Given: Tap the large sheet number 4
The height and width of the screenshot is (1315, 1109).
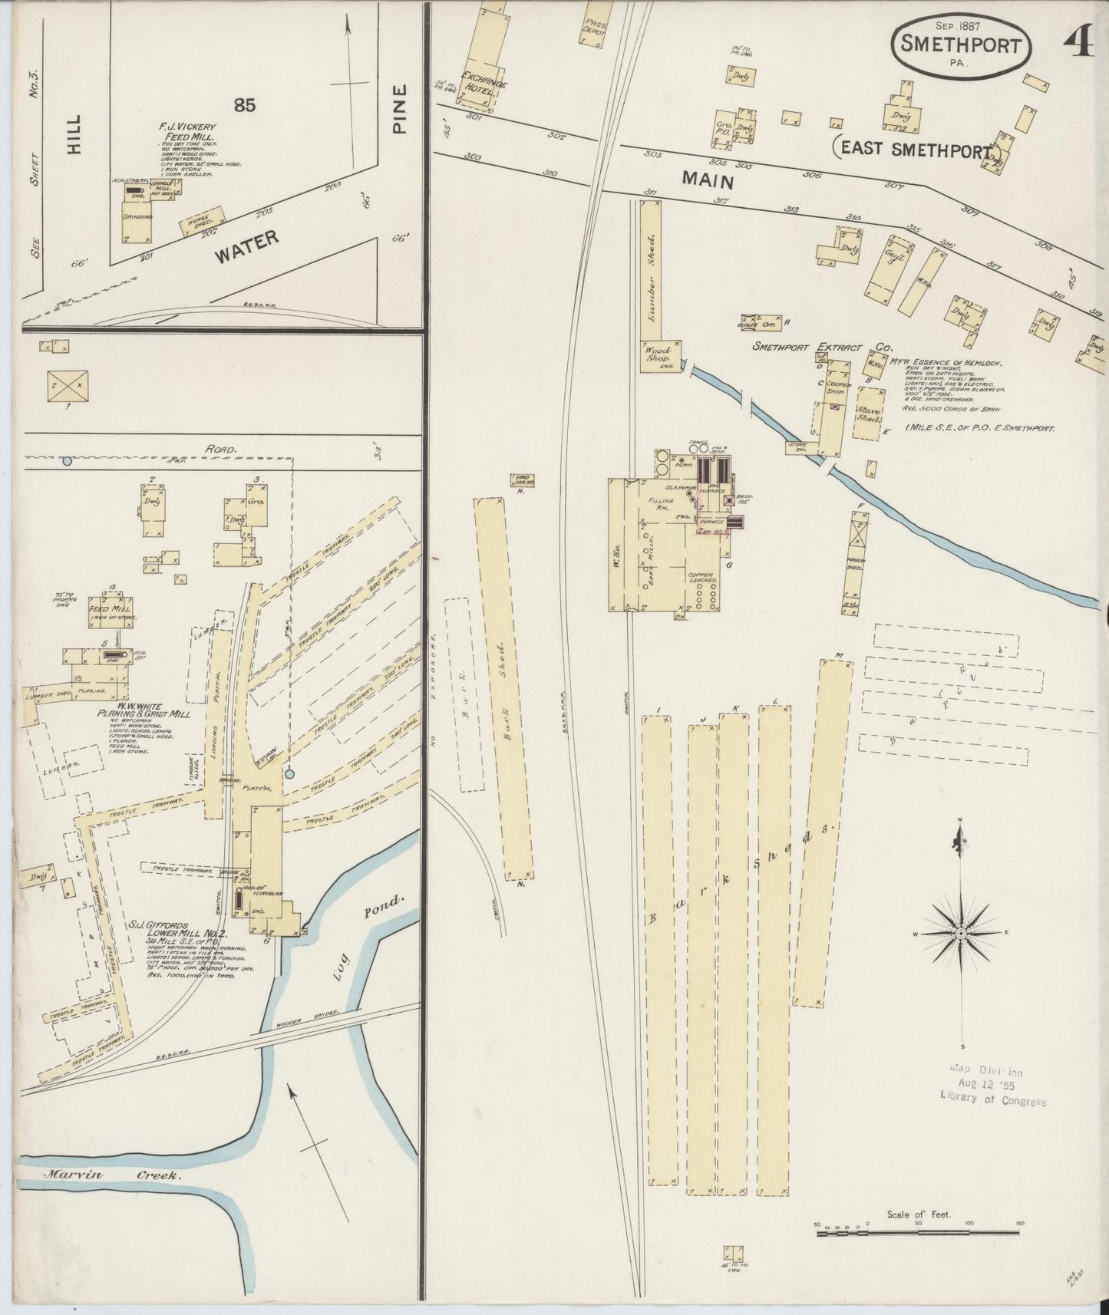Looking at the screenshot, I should point(1078,44).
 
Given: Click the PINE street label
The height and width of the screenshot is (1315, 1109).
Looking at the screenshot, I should point(399,110).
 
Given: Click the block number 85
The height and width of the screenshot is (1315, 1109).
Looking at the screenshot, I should point(245,106).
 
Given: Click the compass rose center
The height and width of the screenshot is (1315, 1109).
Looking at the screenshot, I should point(959,933).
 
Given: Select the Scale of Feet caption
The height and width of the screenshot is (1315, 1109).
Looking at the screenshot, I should point(918,1214).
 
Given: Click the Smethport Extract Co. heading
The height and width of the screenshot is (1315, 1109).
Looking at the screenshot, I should point(817,347).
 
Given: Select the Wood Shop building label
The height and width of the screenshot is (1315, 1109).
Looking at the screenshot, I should point(657,354).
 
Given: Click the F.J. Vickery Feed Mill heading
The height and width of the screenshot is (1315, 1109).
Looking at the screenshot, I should point(188,131).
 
